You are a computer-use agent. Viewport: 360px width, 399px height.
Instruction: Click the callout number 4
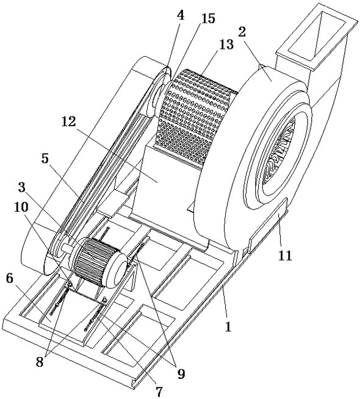pos(180,15)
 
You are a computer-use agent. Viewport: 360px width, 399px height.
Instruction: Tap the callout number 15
pos(208,18)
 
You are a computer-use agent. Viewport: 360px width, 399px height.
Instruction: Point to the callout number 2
pos(242,32)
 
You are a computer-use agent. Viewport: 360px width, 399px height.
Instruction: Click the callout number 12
pos(69,121)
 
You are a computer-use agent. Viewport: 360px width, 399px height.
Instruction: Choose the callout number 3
pos(22,187)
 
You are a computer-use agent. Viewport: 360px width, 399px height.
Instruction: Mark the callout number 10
pos(21,207)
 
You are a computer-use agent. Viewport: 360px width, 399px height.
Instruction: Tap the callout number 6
pos(9,278)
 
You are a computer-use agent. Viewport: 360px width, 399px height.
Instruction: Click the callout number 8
pos(40,362)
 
